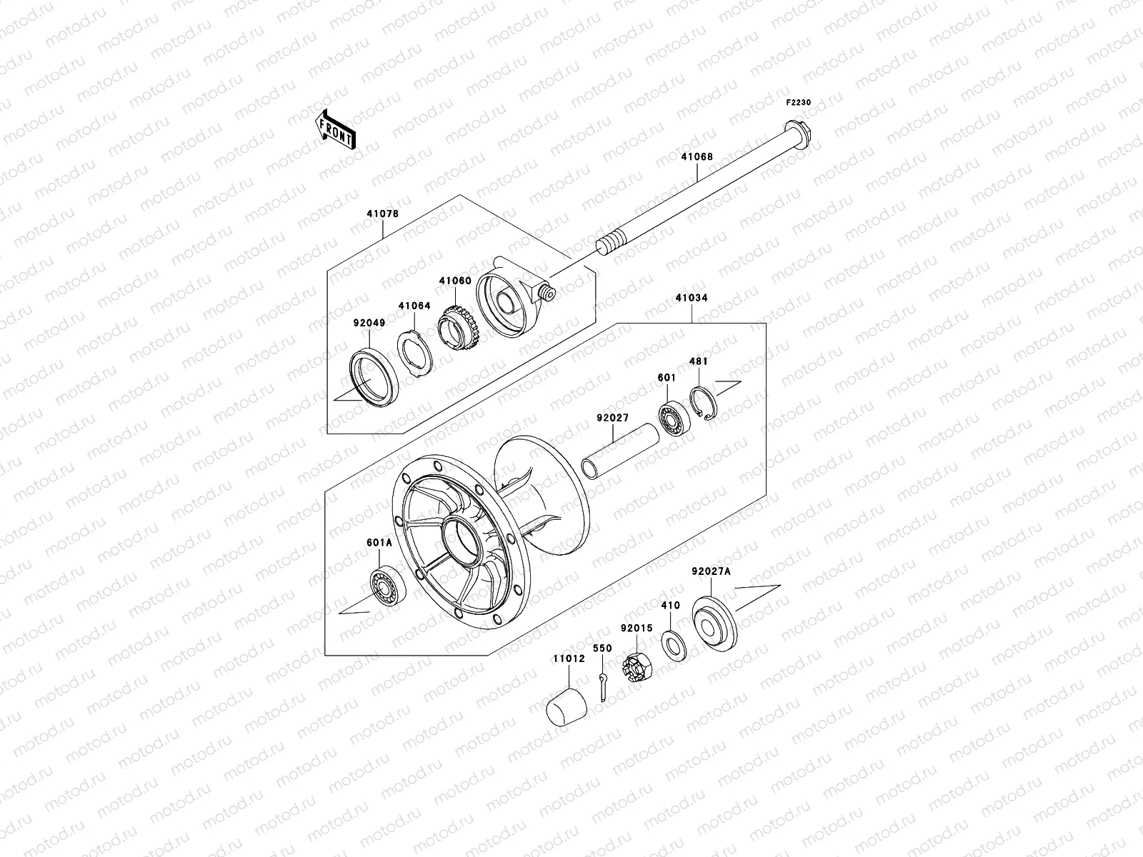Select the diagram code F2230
pos(799,103)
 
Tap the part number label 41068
pos(696,156)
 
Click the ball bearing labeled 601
pos(672,418)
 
